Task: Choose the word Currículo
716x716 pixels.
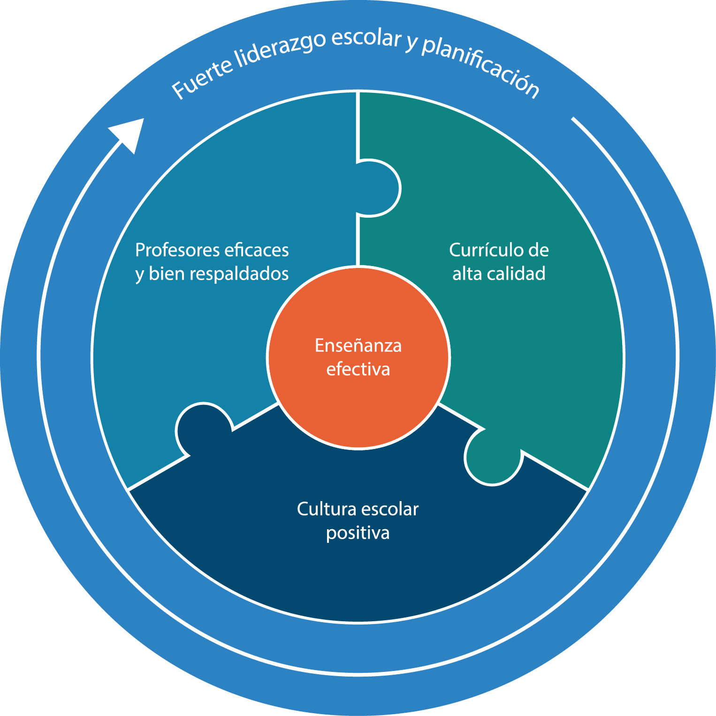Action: click(486, 250)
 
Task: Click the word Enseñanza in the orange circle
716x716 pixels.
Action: click(358, 346)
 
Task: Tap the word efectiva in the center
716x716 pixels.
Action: click(358, 369)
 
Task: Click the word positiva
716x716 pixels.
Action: click(358, 533)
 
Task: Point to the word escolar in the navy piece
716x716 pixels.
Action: click(389, 509)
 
